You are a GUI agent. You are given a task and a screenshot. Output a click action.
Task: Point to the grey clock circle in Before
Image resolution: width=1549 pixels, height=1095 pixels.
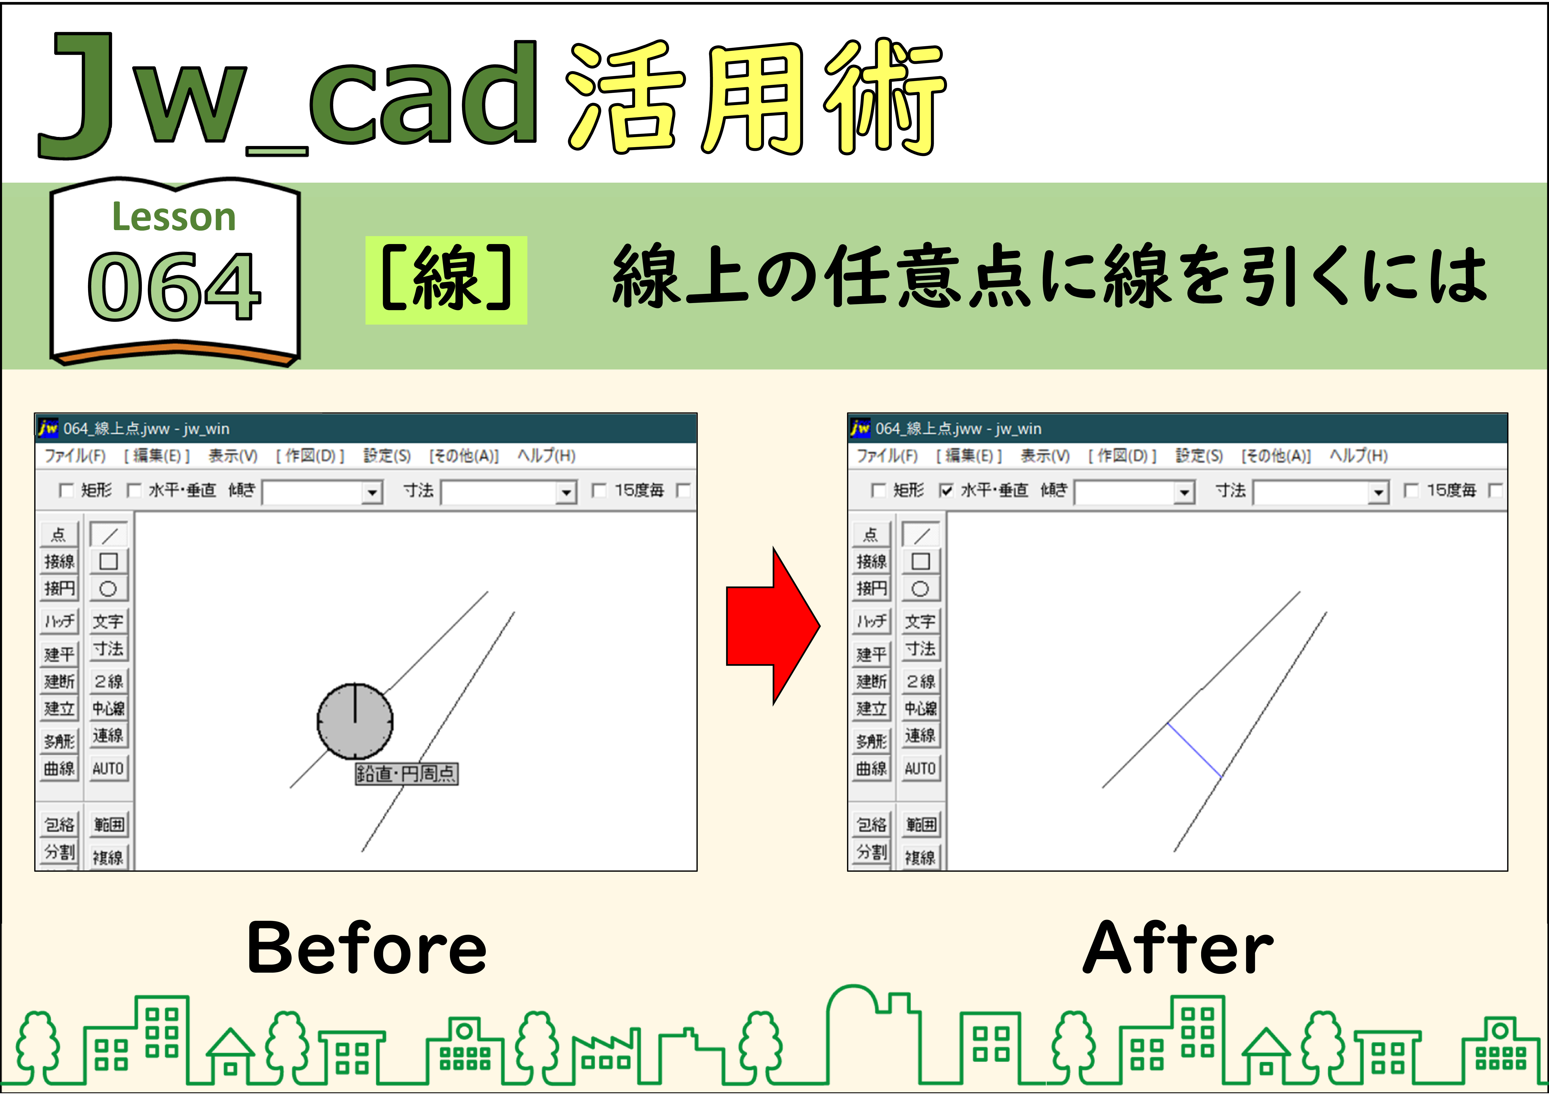355,721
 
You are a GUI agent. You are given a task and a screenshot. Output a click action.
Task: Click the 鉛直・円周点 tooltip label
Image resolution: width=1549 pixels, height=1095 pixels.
406,773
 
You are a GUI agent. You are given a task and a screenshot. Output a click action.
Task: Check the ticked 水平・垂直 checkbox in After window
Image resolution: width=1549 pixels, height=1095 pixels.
946,490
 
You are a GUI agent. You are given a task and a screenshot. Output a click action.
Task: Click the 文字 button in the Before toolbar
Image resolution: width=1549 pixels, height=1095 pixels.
108,620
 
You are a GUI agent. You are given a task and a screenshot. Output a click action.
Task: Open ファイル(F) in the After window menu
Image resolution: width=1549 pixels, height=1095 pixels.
887,456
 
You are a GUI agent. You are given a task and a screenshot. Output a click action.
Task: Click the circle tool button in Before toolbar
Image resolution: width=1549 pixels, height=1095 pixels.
108,589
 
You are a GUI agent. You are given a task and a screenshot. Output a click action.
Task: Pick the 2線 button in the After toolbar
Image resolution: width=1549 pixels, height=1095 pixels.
920,681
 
